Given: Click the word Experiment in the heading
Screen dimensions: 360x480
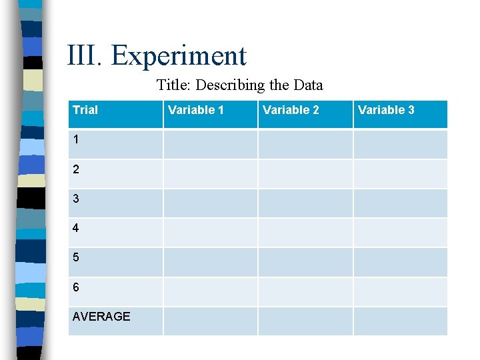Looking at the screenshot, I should click(179, 57).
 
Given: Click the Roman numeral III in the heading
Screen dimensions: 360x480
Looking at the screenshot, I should click(85, 55).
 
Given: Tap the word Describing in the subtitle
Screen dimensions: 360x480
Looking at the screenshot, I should click(233, 85).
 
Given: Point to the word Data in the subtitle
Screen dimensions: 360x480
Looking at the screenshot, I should click(307, 85).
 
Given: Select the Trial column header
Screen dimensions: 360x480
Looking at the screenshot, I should click(85, 110).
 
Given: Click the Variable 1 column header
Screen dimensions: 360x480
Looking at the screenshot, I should click(196, 110).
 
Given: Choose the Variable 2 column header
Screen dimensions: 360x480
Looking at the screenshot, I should click(291, 110).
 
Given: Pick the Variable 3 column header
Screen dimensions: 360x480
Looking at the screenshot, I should click(386, 110).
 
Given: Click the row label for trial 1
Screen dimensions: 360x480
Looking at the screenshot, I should click(76, 140).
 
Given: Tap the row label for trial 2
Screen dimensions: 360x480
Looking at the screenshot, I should click(76, 169).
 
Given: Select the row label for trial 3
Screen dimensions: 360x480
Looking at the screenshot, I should click(76, 199).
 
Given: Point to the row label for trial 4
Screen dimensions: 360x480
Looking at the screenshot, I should click(76, 228).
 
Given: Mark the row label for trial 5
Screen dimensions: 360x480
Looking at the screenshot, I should click(76, 257).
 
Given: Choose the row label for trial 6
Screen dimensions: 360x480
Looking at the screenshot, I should click(76, 287).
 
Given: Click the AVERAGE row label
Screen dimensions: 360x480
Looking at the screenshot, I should click(101, 317).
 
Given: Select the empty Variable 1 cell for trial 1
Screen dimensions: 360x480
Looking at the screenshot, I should click(210, 144).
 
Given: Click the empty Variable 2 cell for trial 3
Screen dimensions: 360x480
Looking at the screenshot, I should click(305, 203).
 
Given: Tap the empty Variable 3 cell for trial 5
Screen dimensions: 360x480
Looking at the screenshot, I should click(400, 262).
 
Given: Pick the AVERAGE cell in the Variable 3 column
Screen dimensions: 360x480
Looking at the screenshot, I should click(400, 321).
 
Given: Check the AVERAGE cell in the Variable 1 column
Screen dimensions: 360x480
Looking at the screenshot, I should click(210, 321).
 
